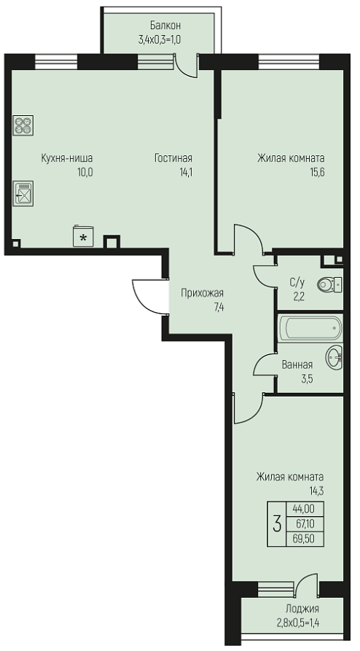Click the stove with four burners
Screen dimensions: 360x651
[x=23, y=125]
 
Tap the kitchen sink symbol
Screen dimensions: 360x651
[x=23, y=193]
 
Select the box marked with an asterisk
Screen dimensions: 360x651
[x=83, y=237]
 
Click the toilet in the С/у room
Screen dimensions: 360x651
[x=330, y=285]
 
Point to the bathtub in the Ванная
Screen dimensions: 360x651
[x=310, y=329]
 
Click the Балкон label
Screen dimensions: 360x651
[x=160, y=26]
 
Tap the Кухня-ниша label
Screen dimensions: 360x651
[x=67, y=158]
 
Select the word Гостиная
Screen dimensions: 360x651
[x=173, y=158]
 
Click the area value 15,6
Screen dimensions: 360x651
[x=316, y=172]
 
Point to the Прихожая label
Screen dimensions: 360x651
[x=202, y=293]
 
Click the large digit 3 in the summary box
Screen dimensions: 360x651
[x=277, y=523]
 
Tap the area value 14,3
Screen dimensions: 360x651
[x=317, y=491]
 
